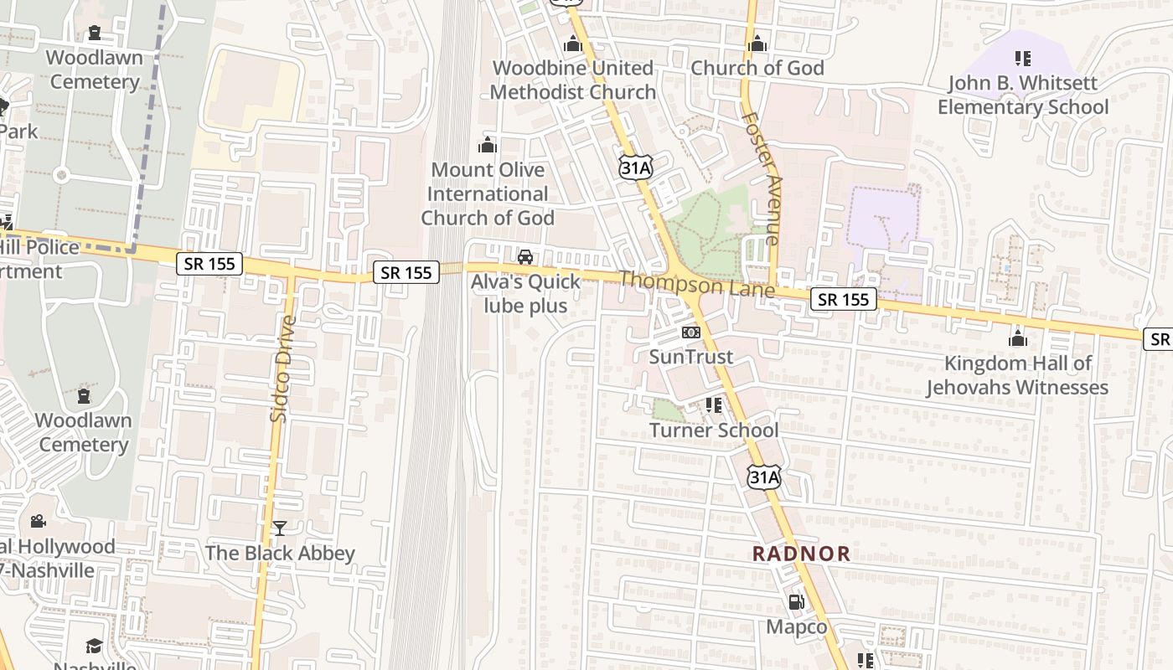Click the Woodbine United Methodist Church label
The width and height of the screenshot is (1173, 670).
(573, 80)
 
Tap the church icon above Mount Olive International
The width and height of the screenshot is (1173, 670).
(487, 145)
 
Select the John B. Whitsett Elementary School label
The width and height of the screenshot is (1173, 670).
(1022, 95)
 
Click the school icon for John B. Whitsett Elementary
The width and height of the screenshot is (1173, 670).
(1022, 59)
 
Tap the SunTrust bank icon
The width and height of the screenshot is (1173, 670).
(690, 332)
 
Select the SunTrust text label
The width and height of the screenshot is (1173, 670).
(690, 357)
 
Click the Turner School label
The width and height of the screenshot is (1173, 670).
(714, 430)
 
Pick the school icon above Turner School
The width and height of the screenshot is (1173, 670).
(714, 405)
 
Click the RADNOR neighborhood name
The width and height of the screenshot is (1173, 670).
(801, 554)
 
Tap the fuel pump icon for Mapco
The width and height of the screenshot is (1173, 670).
(796, 602)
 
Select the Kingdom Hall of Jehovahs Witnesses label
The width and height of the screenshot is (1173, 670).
(1017, 375)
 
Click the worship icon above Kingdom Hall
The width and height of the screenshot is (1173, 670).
(1017, 338)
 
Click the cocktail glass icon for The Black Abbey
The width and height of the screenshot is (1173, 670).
(280, 528)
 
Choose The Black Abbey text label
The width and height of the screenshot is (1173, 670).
(280, 554)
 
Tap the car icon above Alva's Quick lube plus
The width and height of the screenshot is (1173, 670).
(525, 257)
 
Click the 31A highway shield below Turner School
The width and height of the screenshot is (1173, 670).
(763, 477)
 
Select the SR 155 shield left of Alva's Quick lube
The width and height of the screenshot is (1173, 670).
(406, 272)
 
